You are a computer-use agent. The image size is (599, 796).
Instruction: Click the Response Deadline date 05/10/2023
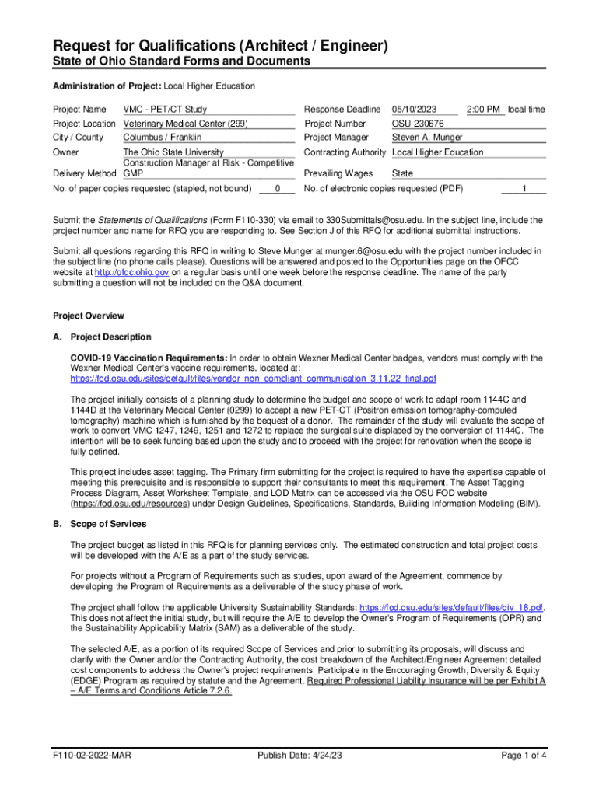(415, 110)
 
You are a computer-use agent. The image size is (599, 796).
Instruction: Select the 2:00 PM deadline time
(483, 110)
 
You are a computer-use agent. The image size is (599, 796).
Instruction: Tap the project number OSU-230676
(418, 124)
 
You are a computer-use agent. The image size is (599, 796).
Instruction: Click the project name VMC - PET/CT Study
(165, 110)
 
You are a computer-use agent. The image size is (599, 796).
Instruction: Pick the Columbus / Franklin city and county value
(163, 138)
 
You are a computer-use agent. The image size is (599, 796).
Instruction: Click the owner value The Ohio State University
(173, 152)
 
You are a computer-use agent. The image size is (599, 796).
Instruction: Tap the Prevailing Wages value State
(403, 173)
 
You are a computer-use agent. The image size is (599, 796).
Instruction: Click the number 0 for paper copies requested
(278, 188)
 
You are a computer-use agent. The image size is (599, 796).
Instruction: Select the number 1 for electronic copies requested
(524, 188)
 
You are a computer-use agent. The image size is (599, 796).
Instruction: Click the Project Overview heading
(88, 316)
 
